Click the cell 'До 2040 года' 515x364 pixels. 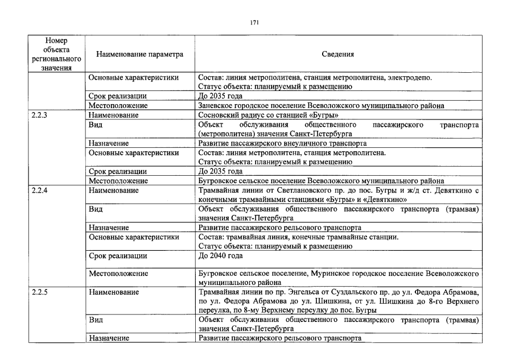[x=220, y=255]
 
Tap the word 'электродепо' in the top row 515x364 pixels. [x=411, y=77]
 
